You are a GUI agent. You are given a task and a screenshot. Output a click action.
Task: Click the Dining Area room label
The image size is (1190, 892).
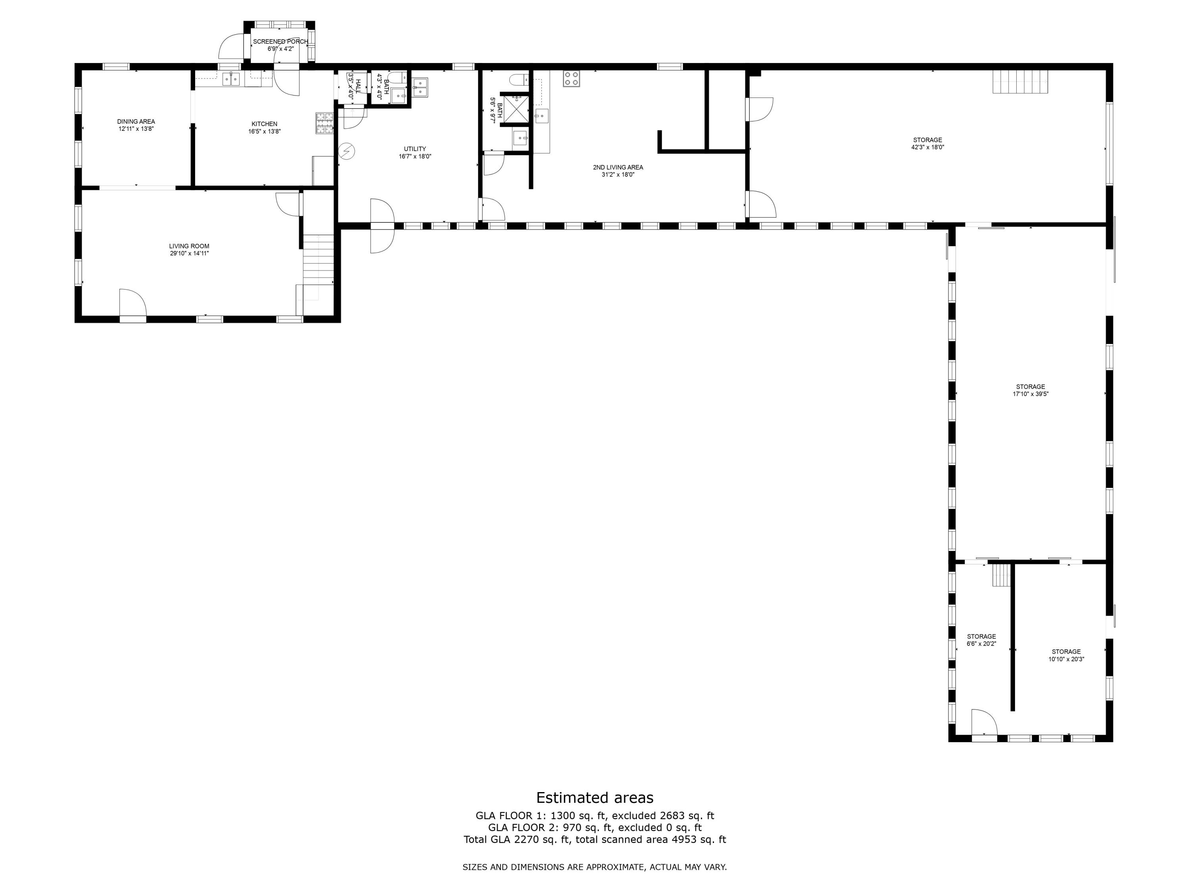click(x=136, y=122)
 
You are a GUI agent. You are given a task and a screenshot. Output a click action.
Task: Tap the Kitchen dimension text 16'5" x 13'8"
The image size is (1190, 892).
click(x=264, y=131)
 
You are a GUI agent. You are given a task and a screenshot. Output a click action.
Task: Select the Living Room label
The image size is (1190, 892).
click(x=189, y=246)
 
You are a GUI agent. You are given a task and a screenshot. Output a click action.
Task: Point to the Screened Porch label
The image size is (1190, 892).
click(x=281, y=41)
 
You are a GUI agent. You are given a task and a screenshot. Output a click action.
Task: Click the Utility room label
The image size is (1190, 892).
click(x=415, y=149)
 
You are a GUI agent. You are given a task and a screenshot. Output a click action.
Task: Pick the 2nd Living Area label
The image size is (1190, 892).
click(x=618, y=167)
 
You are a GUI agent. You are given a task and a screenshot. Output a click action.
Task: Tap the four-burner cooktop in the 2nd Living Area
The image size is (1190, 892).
click(x=571, y=78)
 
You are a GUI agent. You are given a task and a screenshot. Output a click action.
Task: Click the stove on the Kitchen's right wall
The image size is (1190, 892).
click(x=324, y=123)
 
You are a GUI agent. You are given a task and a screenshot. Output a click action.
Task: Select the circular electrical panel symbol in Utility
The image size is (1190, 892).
click(x=347, y=151)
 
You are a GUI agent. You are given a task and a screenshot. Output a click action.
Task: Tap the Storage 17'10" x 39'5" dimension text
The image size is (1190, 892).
click(x=1031, y=394)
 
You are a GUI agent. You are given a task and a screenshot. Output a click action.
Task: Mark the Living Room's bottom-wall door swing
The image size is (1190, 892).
click(x=133, y=303)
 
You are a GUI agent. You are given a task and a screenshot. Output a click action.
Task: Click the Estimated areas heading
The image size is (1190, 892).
click(x=595, y=797)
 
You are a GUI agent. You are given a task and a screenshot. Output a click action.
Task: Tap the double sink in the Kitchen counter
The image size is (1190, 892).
click(x=231, y=79)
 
